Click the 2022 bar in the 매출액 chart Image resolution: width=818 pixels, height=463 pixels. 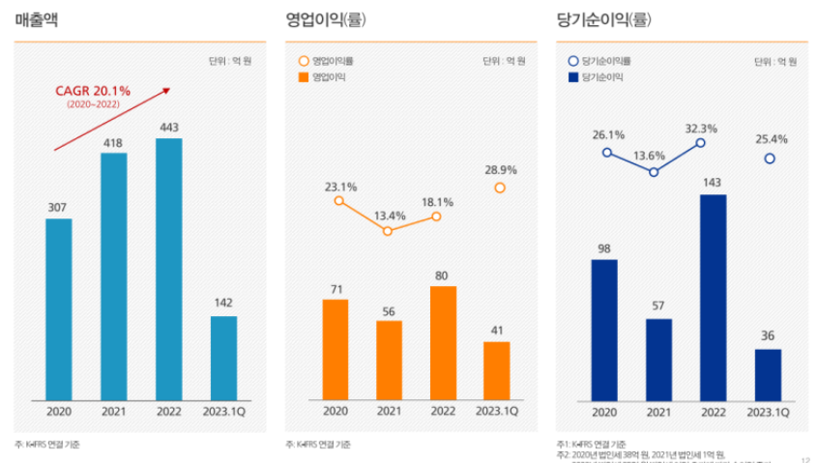tap(168, 269)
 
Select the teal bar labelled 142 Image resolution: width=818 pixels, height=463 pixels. tap(222, 358)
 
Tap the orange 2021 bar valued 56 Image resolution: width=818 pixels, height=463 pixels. tap(389, 360)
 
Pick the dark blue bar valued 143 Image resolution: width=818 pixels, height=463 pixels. tap(713, 297)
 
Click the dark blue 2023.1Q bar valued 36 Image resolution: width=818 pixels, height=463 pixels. tap(768, 374)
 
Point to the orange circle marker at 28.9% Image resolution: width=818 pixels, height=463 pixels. tap(499, 188)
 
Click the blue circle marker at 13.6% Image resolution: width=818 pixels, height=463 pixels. tap(654, 172)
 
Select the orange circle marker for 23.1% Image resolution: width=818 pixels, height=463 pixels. tap(338, 201)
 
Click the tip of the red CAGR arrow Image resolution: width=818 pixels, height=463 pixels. tap(169, 89)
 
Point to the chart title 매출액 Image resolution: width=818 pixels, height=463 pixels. tap(37, 18)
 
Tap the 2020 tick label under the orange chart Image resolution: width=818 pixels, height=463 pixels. tap(336, 411)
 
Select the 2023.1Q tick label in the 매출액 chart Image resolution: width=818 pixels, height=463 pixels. tap(222, 411)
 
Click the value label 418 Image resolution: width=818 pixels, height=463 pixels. tap(113, 142)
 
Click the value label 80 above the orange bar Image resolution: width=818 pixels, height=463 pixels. tap(442, 275)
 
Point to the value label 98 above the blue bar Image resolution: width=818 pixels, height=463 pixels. tap(604, 248)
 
